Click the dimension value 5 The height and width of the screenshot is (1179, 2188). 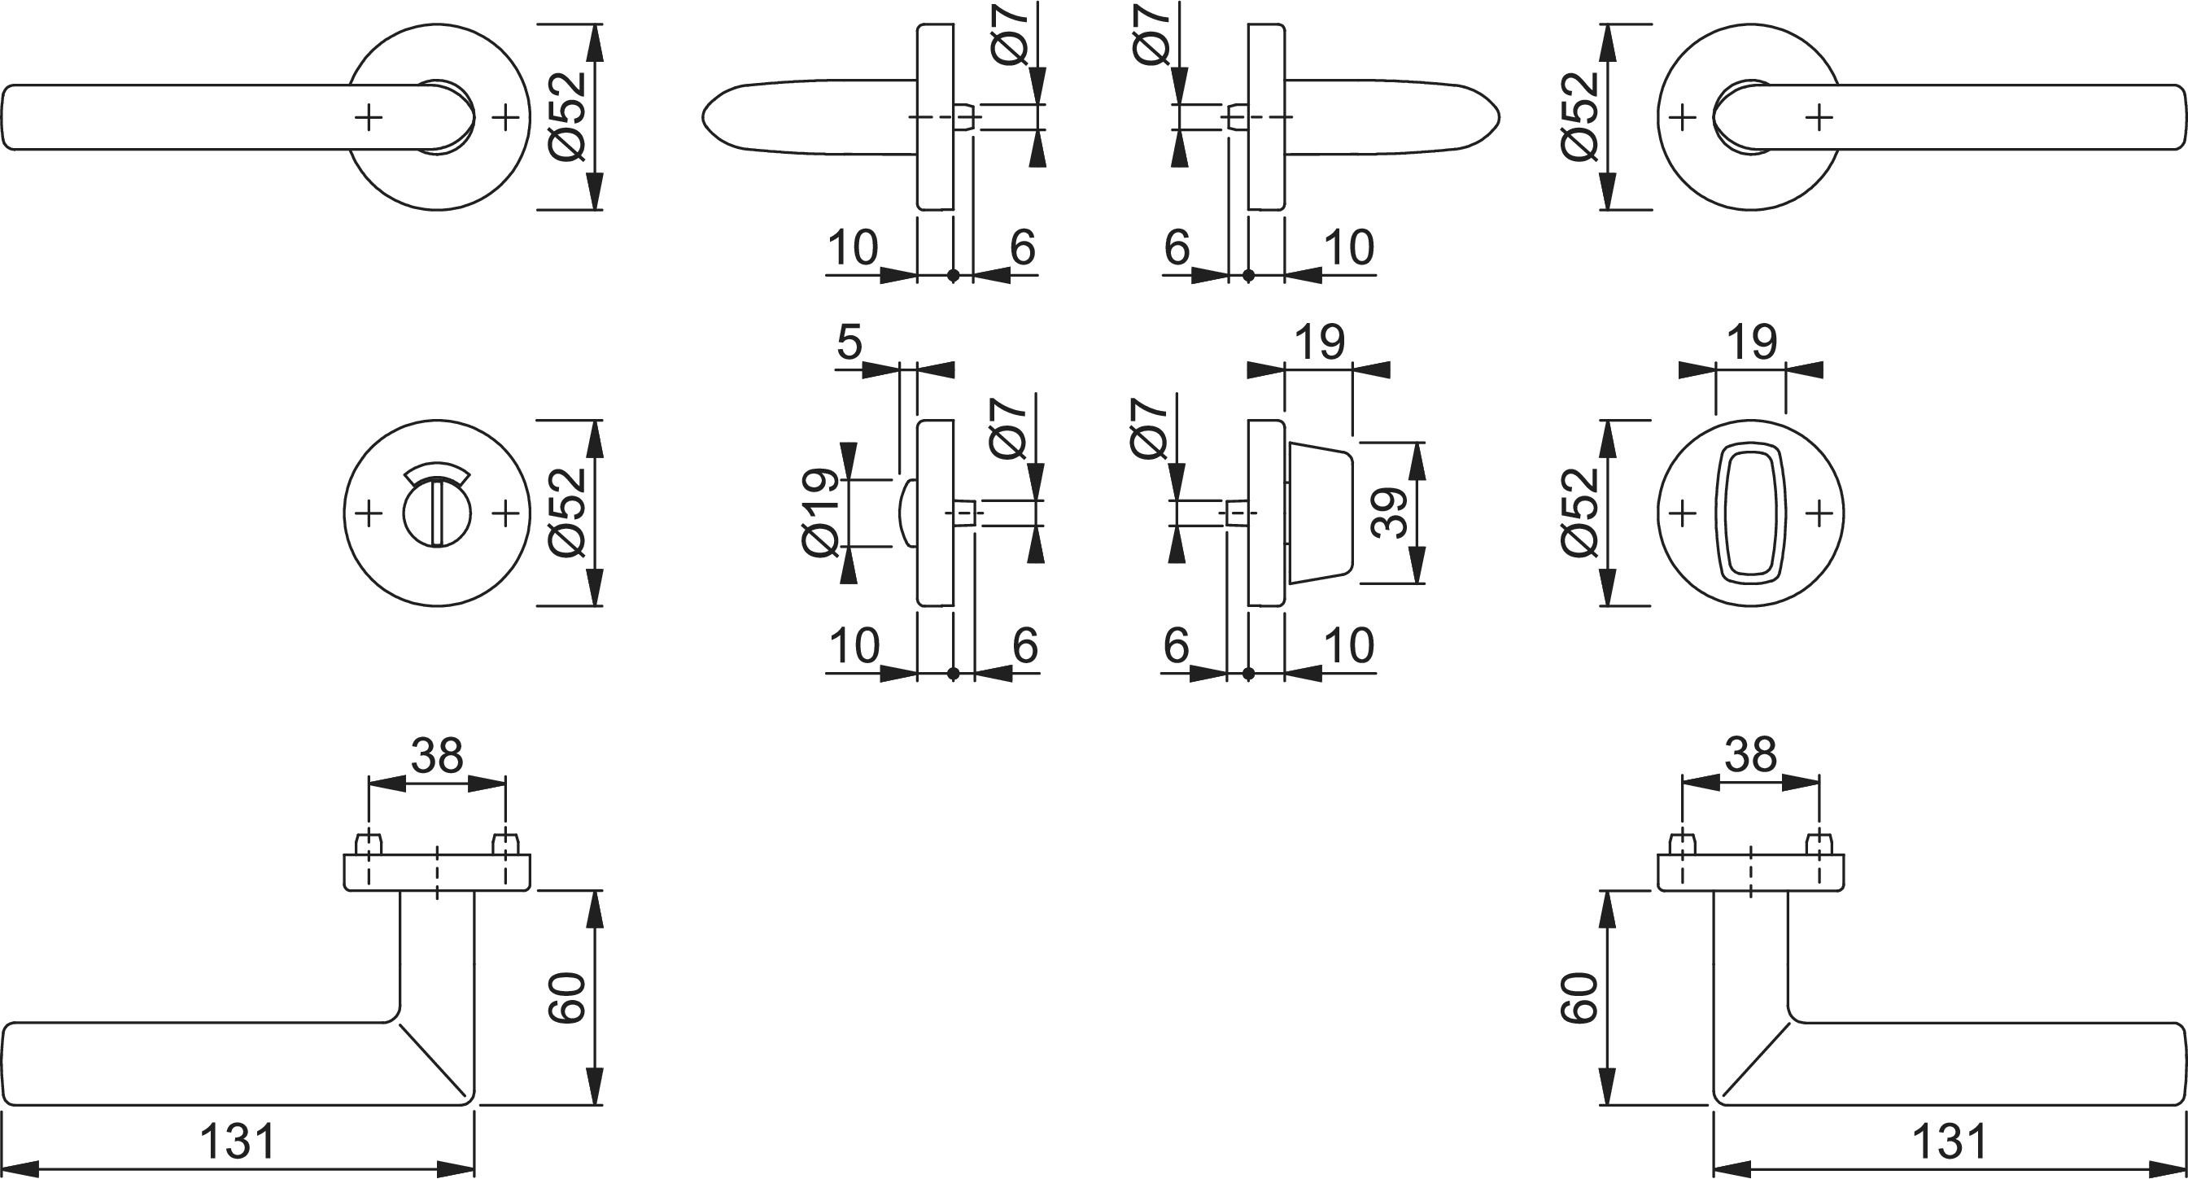pyautogui.click(x=849, y=343)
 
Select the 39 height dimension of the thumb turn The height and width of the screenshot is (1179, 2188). pyautogui.click(x=1390, y=513)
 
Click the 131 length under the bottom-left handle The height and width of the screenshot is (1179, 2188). pyautogui.click(x=238, y=1142)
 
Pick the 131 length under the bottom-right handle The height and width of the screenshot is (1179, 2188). pyautogui.click(x=1950, y=1142)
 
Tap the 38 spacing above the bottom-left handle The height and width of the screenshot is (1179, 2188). pyautogui.click(x=437, y=755)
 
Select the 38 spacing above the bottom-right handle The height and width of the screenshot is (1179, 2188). pyautogui.click(x=1750, y=755)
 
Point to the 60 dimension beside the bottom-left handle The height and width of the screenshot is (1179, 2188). pyautogui.click(x=566, y=998)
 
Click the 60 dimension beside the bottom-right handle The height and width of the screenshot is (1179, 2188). pyautogui.click(x=1579, y=998)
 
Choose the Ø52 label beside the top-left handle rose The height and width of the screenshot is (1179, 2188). pyautogui.click(x=567, y=116)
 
